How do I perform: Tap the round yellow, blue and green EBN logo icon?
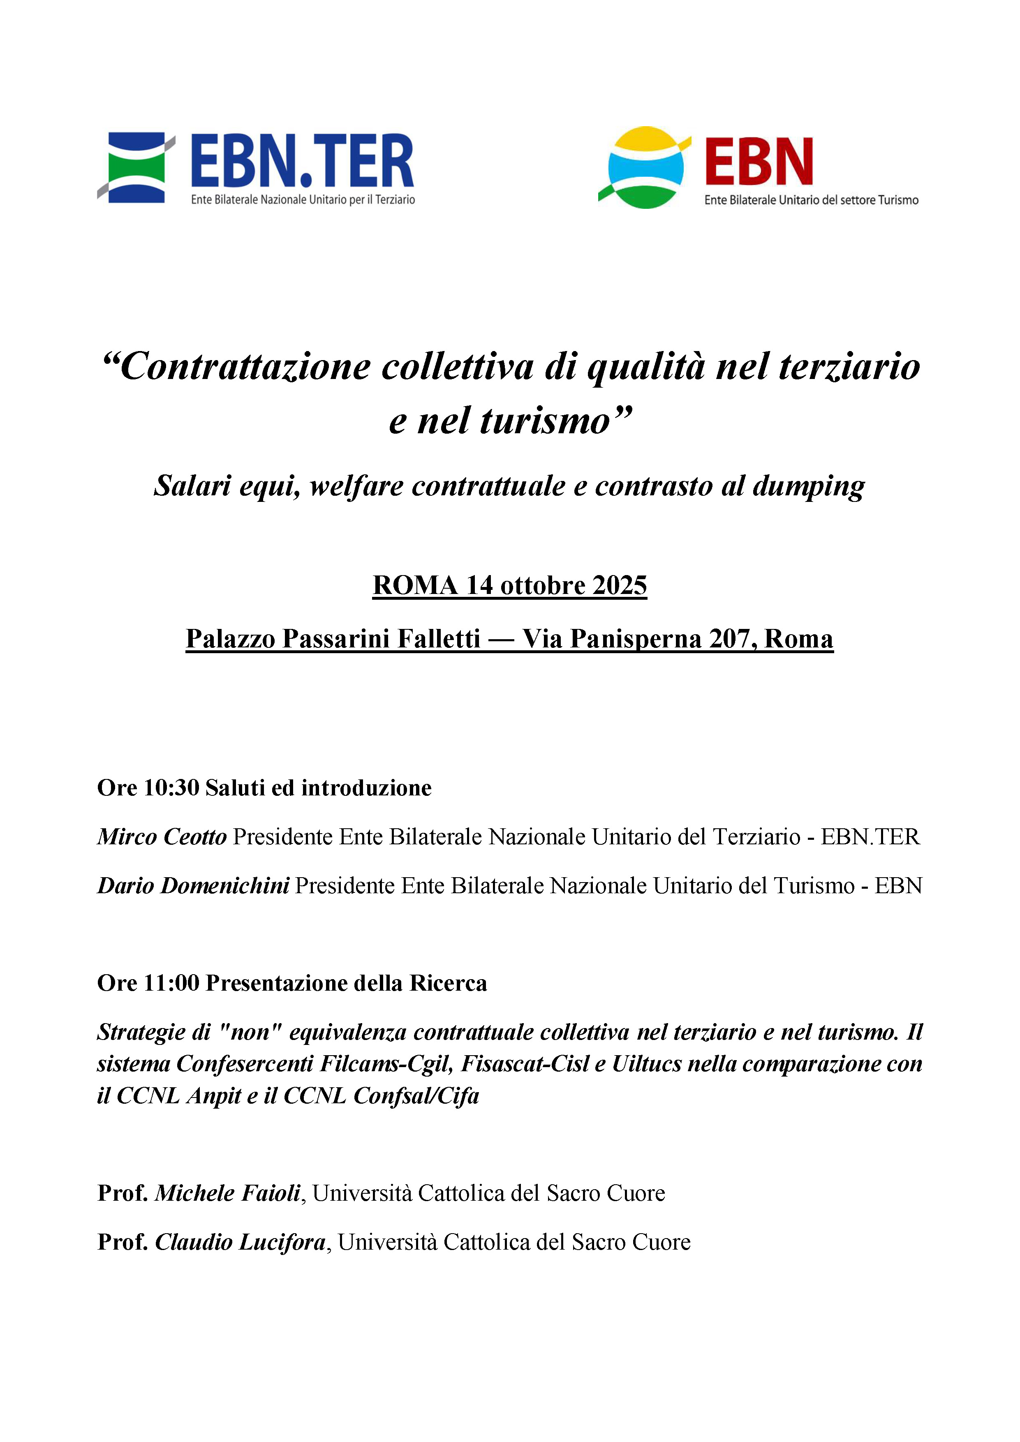[645, 168]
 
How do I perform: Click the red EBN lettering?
[759, 162]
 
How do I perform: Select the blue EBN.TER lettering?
[302, 161]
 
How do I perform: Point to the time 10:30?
[171, 788]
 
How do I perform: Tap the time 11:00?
[171, 983]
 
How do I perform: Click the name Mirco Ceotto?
[162, 837]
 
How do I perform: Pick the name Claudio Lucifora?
[241, 1242]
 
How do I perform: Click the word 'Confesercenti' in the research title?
[245, 1064]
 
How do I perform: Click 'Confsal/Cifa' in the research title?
[416, 1096]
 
